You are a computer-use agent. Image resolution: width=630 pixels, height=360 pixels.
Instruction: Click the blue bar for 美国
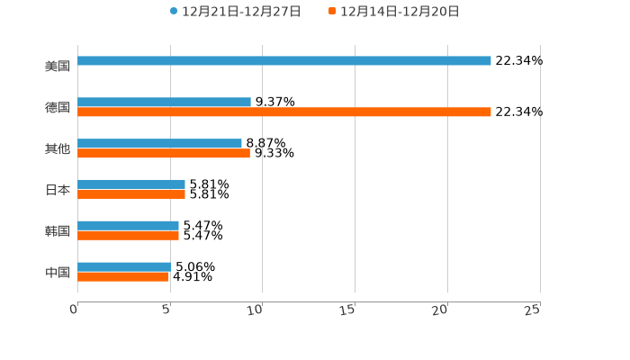[x=284, y=61]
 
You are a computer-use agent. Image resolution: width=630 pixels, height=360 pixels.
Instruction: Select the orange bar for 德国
[x=284, y=112]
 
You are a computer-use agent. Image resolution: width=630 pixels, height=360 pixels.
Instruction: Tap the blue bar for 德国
[x=164, y=103]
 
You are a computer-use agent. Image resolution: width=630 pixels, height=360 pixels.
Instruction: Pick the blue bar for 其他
[x=159, y=144]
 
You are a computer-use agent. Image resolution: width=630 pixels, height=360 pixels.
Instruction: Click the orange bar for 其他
[x=164, y=154]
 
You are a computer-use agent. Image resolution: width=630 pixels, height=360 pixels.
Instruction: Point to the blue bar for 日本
[x=131, y=184]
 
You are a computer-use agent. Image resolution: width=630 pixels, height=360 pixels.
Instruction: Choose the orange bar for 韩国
[x=128, y=236]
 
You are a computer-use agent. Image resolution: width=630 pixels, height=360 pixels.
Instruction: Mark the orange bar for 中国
[x=122, y=277]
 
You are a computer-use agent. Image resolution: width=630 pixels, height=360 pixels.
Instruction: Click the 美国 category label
[x=58, y=67]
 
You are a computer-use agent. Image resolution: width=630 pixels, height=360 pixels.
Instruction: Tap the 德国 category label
[x=58, y=108]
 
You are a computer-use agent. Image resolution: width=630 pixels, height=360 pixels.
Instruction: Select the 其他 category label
[x=58, y=148]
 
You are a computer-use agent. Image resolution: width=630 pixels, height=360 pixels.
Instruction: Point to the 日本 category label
[x=58, y=190]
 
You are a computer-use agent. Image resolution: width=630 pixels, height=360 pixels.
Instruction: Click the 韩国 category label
[x=58, y=231]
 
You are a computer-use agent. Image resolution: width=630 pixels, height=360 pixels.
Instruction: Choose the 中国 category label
[x=58, y=272]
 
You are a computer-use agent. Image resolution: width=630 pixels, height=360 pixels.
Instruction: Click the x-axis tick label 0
[x=75, y=310]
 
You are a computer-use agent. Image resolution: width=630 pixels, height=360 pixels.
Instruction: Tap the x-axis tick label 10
[x=256, y=310]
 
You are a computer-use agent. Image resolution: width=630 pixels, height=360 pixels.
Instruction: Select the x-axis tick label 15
[x=348, y=310]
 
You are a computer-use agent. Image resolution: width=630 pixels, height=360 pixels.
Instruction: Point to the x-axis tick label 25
[x=533, y=310]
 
